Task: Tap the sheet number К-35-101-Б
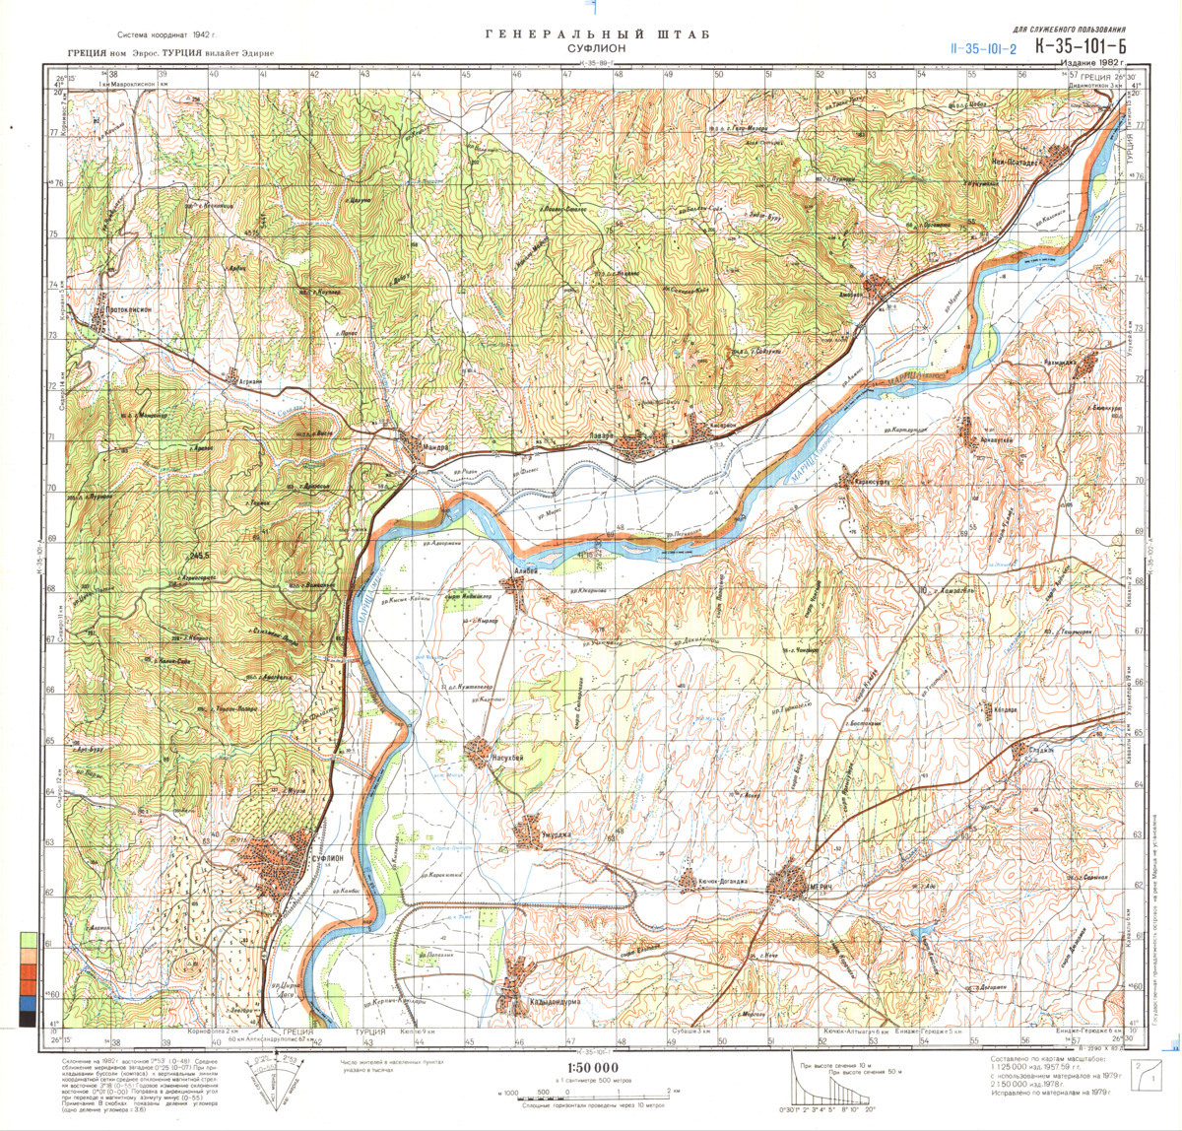pos(1080,46)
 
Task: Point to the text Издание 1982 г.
pos(1090,62)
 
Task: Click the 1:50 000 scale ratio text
pos(593,1069)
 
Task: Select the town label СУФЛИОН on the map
pos(327,859)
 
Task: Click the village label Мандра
pos(436,446)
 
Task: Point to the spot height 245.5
pos(203,557)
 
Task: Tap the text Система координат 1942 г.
pos(164,35)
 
